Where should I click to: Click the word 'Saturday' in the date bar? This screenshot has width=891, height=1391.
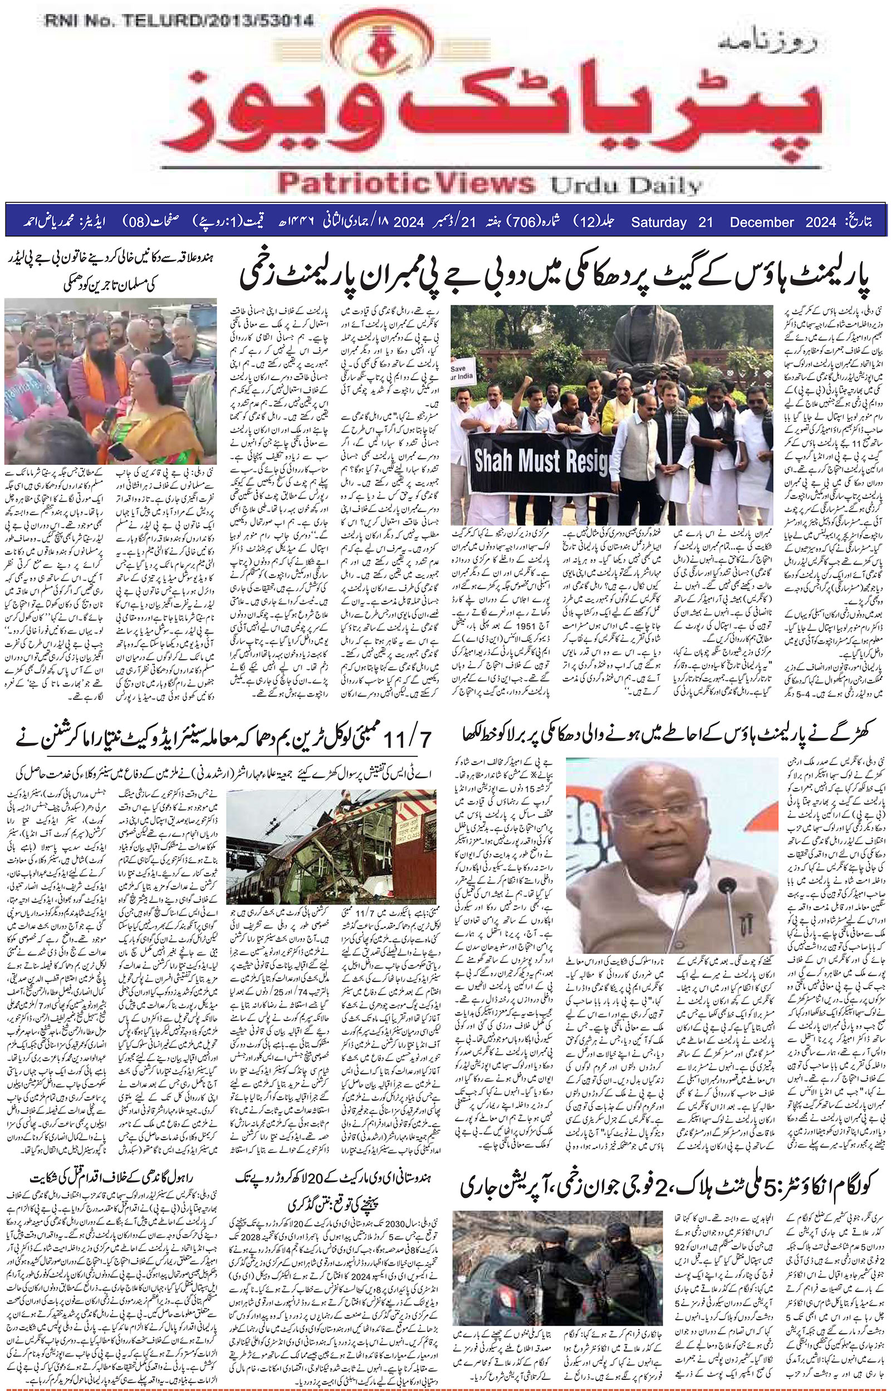tap(658, 222)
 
